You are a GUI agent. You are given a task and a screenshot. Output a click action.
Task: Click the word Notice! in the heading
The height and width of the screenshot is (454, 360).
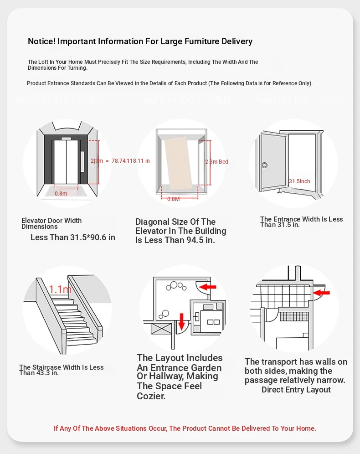tap(41, 41)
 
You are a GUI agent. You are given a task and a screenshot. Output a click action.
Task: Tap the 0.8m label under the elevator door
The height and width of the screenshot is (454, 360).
tap(61, 193)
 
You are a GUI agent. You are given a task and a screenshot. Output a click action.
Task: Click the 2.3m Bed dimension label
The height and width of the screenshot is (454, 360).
tap(216, 162)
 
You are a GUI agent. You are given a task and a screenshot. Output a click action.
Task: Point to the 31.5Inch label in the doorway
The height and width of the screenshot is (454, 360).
tap(299, 181)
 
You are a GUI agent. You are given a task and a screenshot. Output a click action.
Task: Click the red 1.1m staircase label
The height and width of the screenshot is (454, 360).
tap(60, 289)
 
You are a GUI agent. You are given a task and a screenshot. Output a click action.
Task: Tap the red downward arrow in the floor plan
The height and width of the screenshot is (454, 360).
tap(181, 321)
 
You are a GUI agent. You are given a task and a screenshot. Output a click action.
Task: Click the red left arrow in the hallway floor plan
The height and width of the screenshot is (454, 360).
tap(209, 287)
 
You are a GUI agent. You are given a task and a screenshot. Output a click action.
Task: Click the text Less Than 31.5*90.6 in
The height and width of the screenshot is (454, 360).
tap(73, 237)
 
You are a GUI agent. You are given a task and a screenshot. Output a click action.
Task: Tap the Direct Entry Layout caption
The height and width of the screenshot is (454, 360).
tap(296, 390)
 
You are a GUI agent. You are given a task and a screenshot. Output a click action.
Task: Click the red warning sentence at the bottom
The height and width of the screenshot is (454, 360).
tap(185, 428)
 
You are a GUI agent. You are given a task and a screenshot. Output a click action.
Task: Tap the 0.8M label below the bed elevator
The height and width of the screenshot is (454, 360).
tap(174, 199)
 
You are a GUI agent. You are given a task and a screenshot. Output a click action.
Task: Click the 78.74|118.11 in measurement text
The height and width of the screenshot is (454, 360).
tap(130, 160)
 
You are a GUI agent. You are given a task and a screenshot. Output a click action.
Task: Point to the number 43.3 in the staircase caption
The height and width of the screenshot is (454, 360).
tap(39, 373)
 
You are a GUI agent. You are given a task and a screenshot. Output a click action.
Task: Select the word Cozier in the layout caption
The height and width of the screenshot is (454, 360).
tap(150, 396)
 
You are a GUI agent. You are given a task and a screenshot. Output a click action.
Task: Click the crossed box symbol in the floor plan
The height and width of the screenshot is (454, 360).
tap(160, 329)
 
